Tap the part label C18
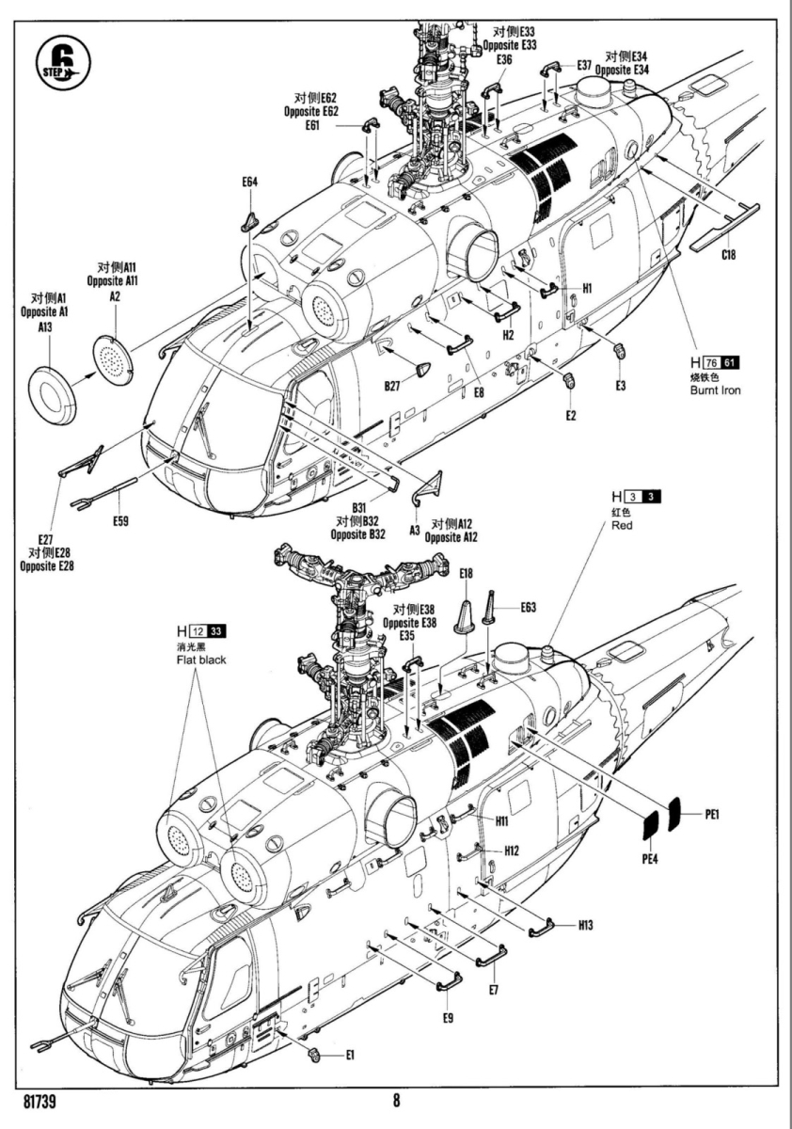click(729, 254)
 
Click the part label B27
click(392, 385)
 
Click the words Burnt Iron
click(715, 390)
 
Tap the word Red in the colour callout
click(622, 526)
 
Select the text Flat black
click(200, 660)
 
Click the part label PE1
click(711, 814)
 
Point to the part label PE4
click(650, 858)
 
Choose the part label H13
click(585, 925)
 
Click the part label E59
click(119, 521)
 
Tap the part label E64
click(248, 182)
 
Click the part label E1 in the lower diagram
click(349, 1055)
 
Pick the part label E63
click(529, 608)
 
